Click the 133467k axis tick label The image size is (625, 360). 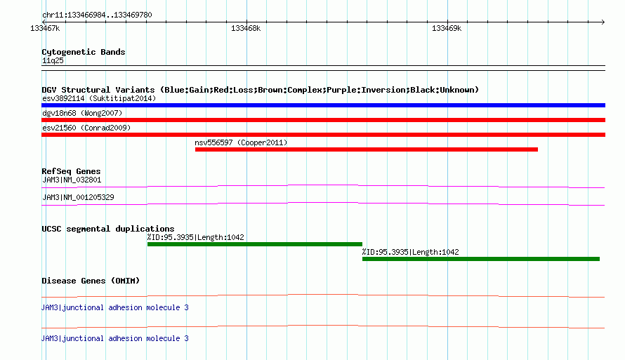click(45, 28)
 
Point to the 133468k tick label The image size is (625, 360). click(246, 28)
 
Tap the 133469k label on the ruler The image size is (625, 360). click(447, 28)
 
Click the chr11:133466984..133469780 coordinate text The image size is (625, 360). click(97, 15)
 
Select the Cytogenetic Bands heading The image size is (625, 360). click(84, 52)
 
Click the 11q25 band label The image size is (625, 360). click(53, 60)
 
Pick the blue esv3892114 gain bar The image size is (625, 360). click(323, 105)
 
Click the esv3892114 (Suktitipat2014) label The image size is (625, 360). click(99, 98)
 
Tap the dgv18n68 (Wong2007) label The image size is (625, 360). click(82, 113)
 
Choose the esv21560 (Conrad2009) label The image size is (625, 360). click(86, 128)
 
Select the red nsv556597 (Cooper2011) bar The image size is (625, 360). click(367, 149)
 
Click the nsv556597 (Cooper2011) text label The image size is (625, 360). click(241, 142)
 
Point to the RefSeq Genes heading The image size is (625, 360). click(71, 171)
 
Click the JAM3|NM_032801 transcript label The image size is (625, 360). click(72, 180)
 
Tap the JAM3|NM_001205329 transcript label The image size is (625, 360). click(78, 197)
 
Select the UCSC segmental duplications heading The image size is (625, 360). click(108, 229)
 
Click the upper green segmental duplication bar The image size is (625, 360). click(255, 244)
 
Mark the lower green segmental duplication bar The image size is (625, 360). click(481, 259)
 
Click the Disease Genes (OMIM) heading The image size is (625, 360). click(91, 281)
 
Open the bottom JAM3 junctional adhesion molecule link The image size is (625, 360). click(114, 338)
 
